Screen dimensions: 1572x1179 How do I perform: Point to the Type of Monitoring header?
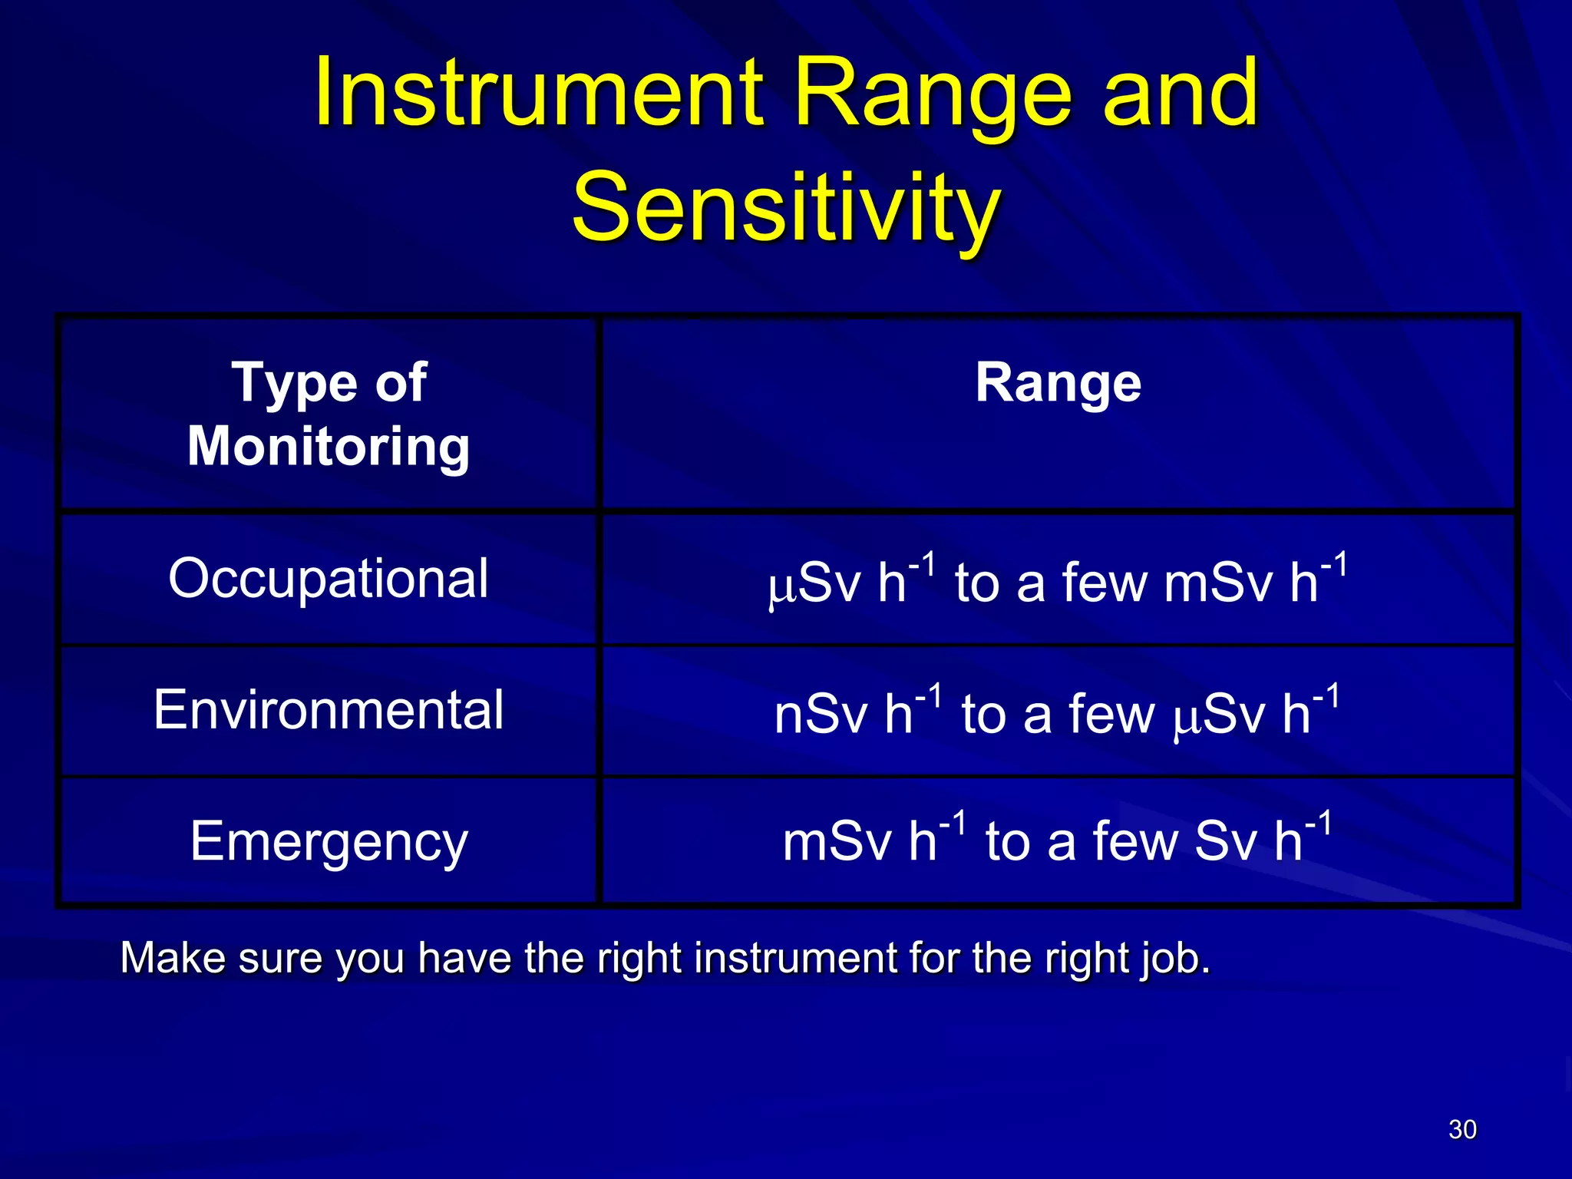click(x=329, y=414)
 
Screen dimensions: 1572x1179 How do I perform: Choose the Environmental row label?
click(x=329, y=710)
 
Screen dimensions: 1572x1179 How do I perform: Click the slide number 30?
click(x=1462, y=1129)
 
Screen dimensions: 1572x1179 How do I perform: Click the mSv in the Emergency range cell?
click(x=837, y=842)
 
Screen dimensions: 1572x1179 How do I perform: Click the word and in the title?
click(x=1180, y=94)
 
